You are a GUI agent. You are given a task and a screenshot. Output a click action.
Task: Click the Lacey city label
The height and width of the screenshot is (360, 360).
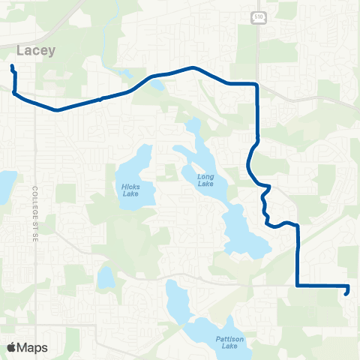tap(31, 50)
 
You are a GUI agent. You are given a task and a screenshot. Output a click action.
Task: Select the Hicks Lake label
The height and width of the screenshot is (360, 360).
tap(130, 189)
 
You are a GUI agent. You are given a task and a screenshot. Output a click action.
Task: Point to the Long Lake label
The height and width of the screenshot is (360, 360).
tap(205, 179)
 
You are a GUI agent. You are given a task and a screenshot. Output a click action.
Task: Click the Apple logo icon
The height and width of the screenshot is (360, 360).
tap(11, 347)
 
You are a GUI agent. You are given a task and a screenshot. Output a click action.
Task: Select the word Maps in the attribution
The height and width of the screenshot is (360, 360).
tap(32, 347)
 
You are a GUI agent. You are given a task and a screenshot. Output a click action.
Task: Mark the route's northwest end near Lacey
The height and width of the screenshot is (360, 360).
tap(12, 67)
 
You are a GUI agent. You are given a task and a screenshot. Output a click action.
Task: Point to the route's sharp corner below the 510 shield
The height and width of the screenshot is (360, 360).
tap(257, 84)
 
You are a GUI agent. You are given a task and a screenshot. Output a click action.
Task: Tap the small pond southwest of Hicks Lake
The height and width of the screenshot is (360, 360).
tap(106, 278)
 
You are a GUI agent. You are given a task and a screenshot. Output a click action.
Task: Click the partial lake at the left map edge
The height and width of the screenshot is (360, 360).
tap(6, 182)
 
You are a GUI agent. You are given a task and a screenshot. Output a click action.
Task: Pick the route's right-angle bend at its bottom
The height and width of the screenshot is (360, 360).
tap(298, 285)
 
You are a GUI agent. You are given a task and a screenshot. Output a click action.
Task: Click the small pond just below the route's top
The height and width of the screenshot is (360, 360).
tap(157, 84)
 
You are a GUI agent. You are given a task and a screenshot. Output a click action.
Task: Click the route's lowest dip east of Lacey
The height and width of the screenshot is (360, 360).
tap(56, 109)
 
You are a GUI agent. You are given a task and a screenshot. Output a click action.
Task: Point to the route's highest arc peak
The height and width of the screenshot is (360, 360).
tap(194, 67)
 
